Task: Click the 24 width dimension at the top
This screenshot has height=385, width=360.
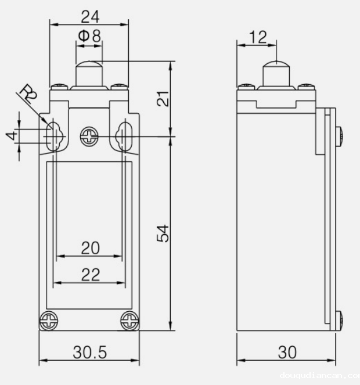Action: point(89,15)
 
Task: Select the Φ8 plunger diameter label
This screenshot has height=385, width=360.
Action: point(89,36)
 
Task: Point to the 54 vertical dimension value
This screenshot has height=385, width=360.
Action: point(164,233)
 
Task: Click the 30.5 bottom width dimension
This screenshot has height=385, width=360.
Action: point(89,352)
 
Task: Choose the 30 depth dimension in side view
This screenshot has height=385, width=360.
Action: point(286,352)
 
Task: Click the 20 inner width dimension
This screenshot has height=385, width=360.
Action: point(89,248)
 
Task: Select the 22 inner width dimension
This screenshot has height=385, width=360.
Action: point(89,274)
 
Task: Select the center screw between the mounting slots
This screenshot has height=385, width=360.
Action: point(89,137)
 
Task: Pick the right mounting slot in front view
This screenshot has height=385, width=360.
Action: point(124,135)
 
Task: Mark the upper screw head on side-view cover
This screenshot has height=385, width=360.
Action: point(339,135)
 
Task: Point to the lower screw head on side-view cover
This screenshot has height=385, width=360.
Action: point(339,319)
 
